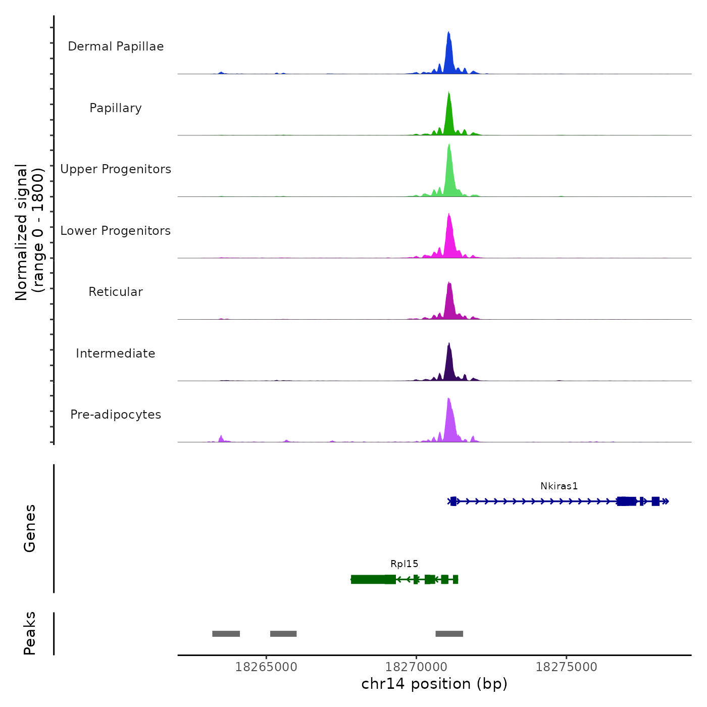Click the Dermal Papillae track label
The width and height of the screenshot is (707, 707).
click(116, 46)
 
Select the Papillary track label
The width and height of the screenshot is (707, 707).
click(116, 108)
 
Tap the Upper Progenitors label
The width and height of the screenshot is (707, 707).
click(116, 169)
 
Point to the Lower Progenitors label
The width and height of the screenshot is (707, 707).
click(116, 231)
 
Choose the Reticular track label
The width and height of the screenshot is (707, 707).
click(116, 292)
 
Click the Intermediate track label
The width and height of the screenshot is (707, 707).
click(116, 353)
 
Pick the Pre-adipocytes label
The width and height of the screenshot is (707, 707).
click(116, 415)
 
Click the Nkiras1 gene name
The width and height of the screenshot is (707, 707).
click(559, 486)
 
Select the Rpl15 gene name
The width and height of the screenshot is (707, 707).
click(405, 564)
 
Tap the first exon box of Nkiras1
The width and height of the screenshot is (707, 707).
click(453, 501)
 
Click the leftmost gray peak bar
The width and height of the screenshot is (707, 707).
click(226, 634)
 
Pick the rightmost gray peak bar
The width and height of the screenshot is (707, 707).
click(449, 634)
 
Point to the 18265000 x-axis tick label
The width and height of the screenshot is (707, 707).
click(266, 667)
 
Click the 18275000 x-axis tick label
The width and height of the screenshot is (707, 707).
click(566, 667)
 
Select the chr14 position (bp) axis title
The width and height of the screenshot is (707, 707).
click(434, 684)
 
